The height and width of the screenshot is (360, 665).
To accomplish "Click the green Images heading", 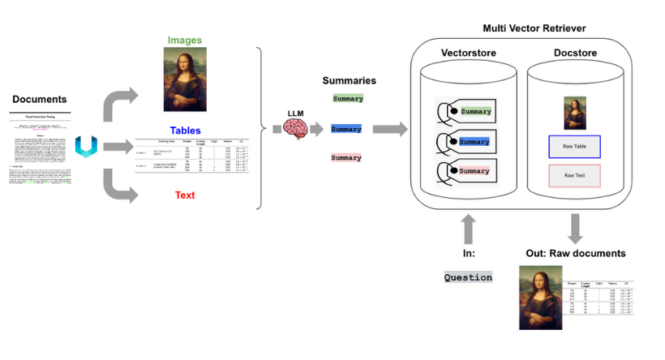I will (x=185, y=40).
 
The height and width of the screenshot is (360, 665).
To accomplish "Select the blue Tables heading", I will (x=186, y=131).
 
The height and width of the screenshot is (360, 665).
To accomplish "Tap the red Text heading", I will (x=186, y=195).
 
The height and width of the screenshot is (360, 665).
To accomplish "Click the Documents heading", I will (x=39, y=99).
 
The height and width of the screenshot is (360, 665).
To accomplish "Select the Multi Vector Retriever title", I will (x=534, y=28).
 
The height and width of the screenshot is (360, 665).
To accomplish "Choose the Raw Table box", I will (x=574, y=147).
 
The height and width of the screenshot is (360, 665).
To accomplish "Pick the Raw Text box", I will (x=574, y=175).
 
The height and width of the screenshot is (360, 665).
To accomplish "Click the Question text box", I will (x=468, y=277).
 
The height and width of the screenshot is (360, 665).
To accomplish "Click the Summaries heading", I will (x=348, y=81).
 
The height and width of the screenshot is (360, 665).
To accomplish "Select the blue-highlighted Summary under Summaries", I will (x=347, y=129).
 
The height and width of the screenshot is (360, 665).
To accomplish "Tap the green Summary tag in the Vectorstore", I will (x=475, y=111).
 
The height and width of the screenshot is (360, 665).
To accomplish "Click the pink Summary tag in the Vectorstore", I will (x=475, y=171).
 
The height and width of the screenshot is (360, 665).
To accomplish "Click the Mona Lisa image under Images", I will (x=185, y=79).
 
